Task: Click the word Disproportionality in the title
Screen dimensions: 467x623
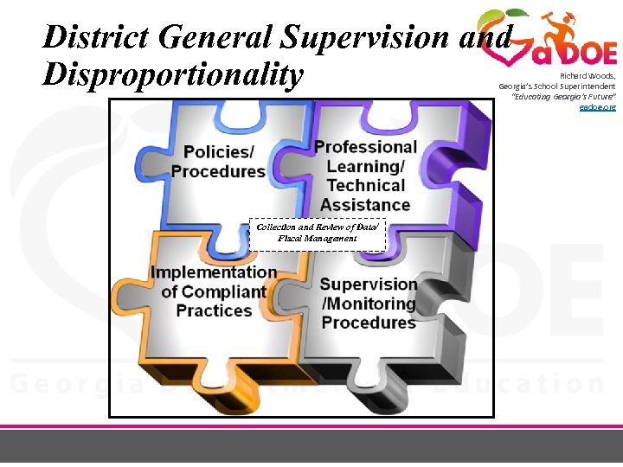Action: pos(173,75)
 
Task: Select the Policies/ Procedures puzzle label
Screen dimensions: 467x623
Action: pos(218,161)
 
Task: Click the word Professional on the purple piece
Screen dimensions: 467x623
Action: pos(365,147)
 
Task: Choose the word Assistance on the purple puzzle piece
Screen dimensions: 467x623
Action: pos(365,205)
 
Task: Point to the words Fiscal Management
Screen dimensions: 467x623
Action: pos(318,238)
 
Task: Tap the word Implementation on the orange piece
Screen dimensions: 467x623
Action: pos(214,272)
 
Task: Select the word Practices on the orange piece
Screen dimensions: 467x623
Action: pos(214,310)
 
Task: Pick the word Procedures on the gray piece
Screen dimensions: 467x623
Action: pos(369,323)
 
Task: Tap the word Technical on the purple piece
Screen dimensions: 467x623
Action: pos(365,185)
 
